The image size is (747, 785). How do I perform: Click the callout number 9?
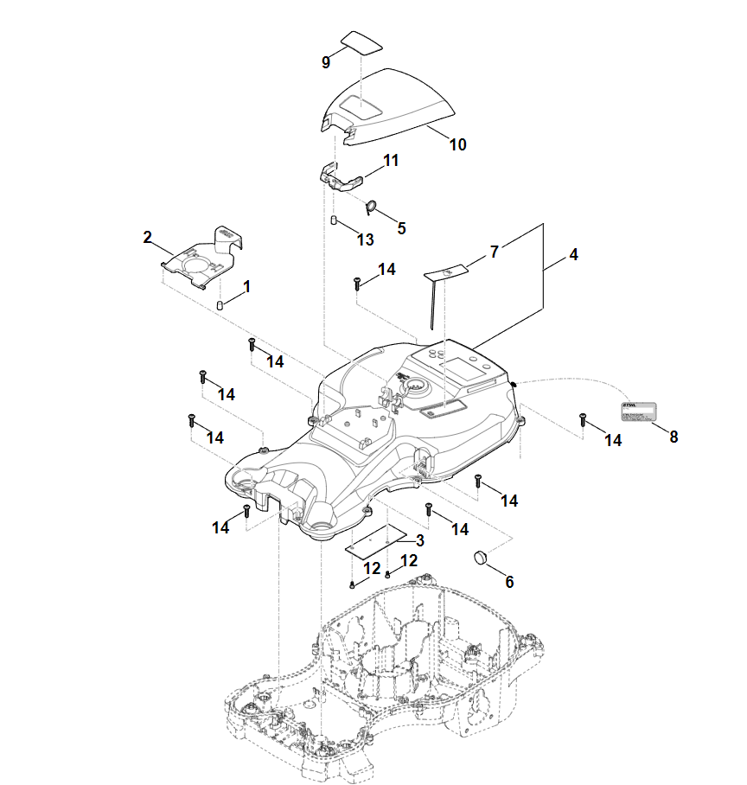tap(326, 62)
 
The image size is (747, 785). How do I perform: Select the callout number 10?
tap(457, 144)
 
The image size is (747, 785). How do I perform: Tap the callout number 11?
tap(391, 161)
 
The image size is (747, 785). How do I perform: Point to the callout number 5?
tap(400, 228)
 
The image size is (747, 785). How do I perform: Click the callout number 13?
tap(365, 239)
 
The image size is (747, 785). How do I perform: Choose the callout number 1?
tap(246, 285)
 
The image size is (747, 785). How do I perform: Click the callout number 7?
tap(494, 252)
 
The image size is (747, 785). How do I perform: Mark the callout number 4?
tap(574, 255)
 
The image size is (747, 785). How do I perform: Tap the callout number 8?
tap(674, 437)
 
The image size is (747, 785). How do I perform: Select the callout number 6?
tap(509, 582)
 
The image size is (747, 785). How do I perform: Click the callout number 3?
tap(419, 540)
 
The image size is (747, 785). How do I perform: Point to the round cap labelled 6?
tap(482, 558)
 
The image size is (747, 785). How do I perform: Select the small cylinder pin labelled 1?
tap(220, 304)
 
